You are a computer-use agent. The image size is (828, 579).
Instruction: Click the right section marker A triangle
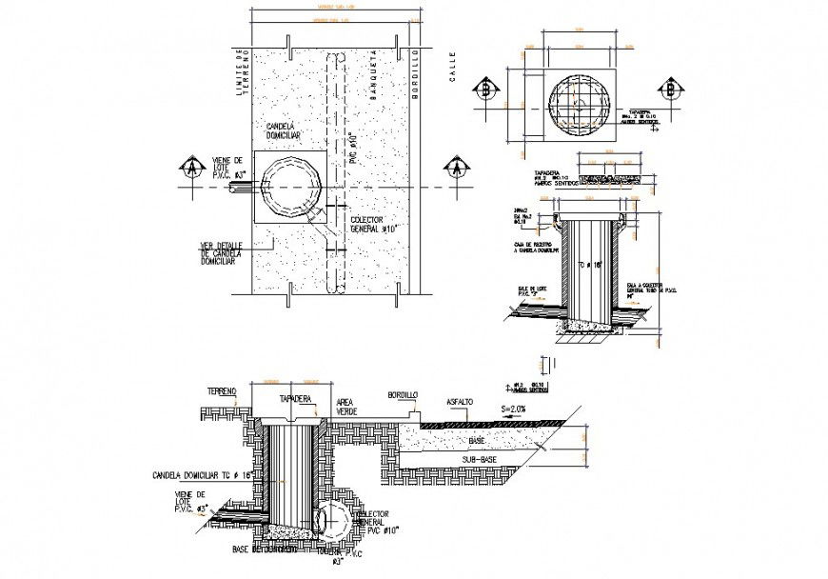click(459, 169)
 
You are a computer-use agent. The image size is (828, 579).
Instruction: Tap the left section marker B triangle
click(488, 90)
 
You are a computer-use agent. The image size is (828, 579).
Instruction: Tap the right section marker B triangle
click(672, 89)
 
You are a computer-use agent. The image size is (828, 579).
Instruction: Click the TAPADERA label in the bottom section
click(296, 401)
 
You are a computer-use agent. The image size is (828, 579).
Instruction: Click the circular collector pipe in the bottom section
click(334, 519)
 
